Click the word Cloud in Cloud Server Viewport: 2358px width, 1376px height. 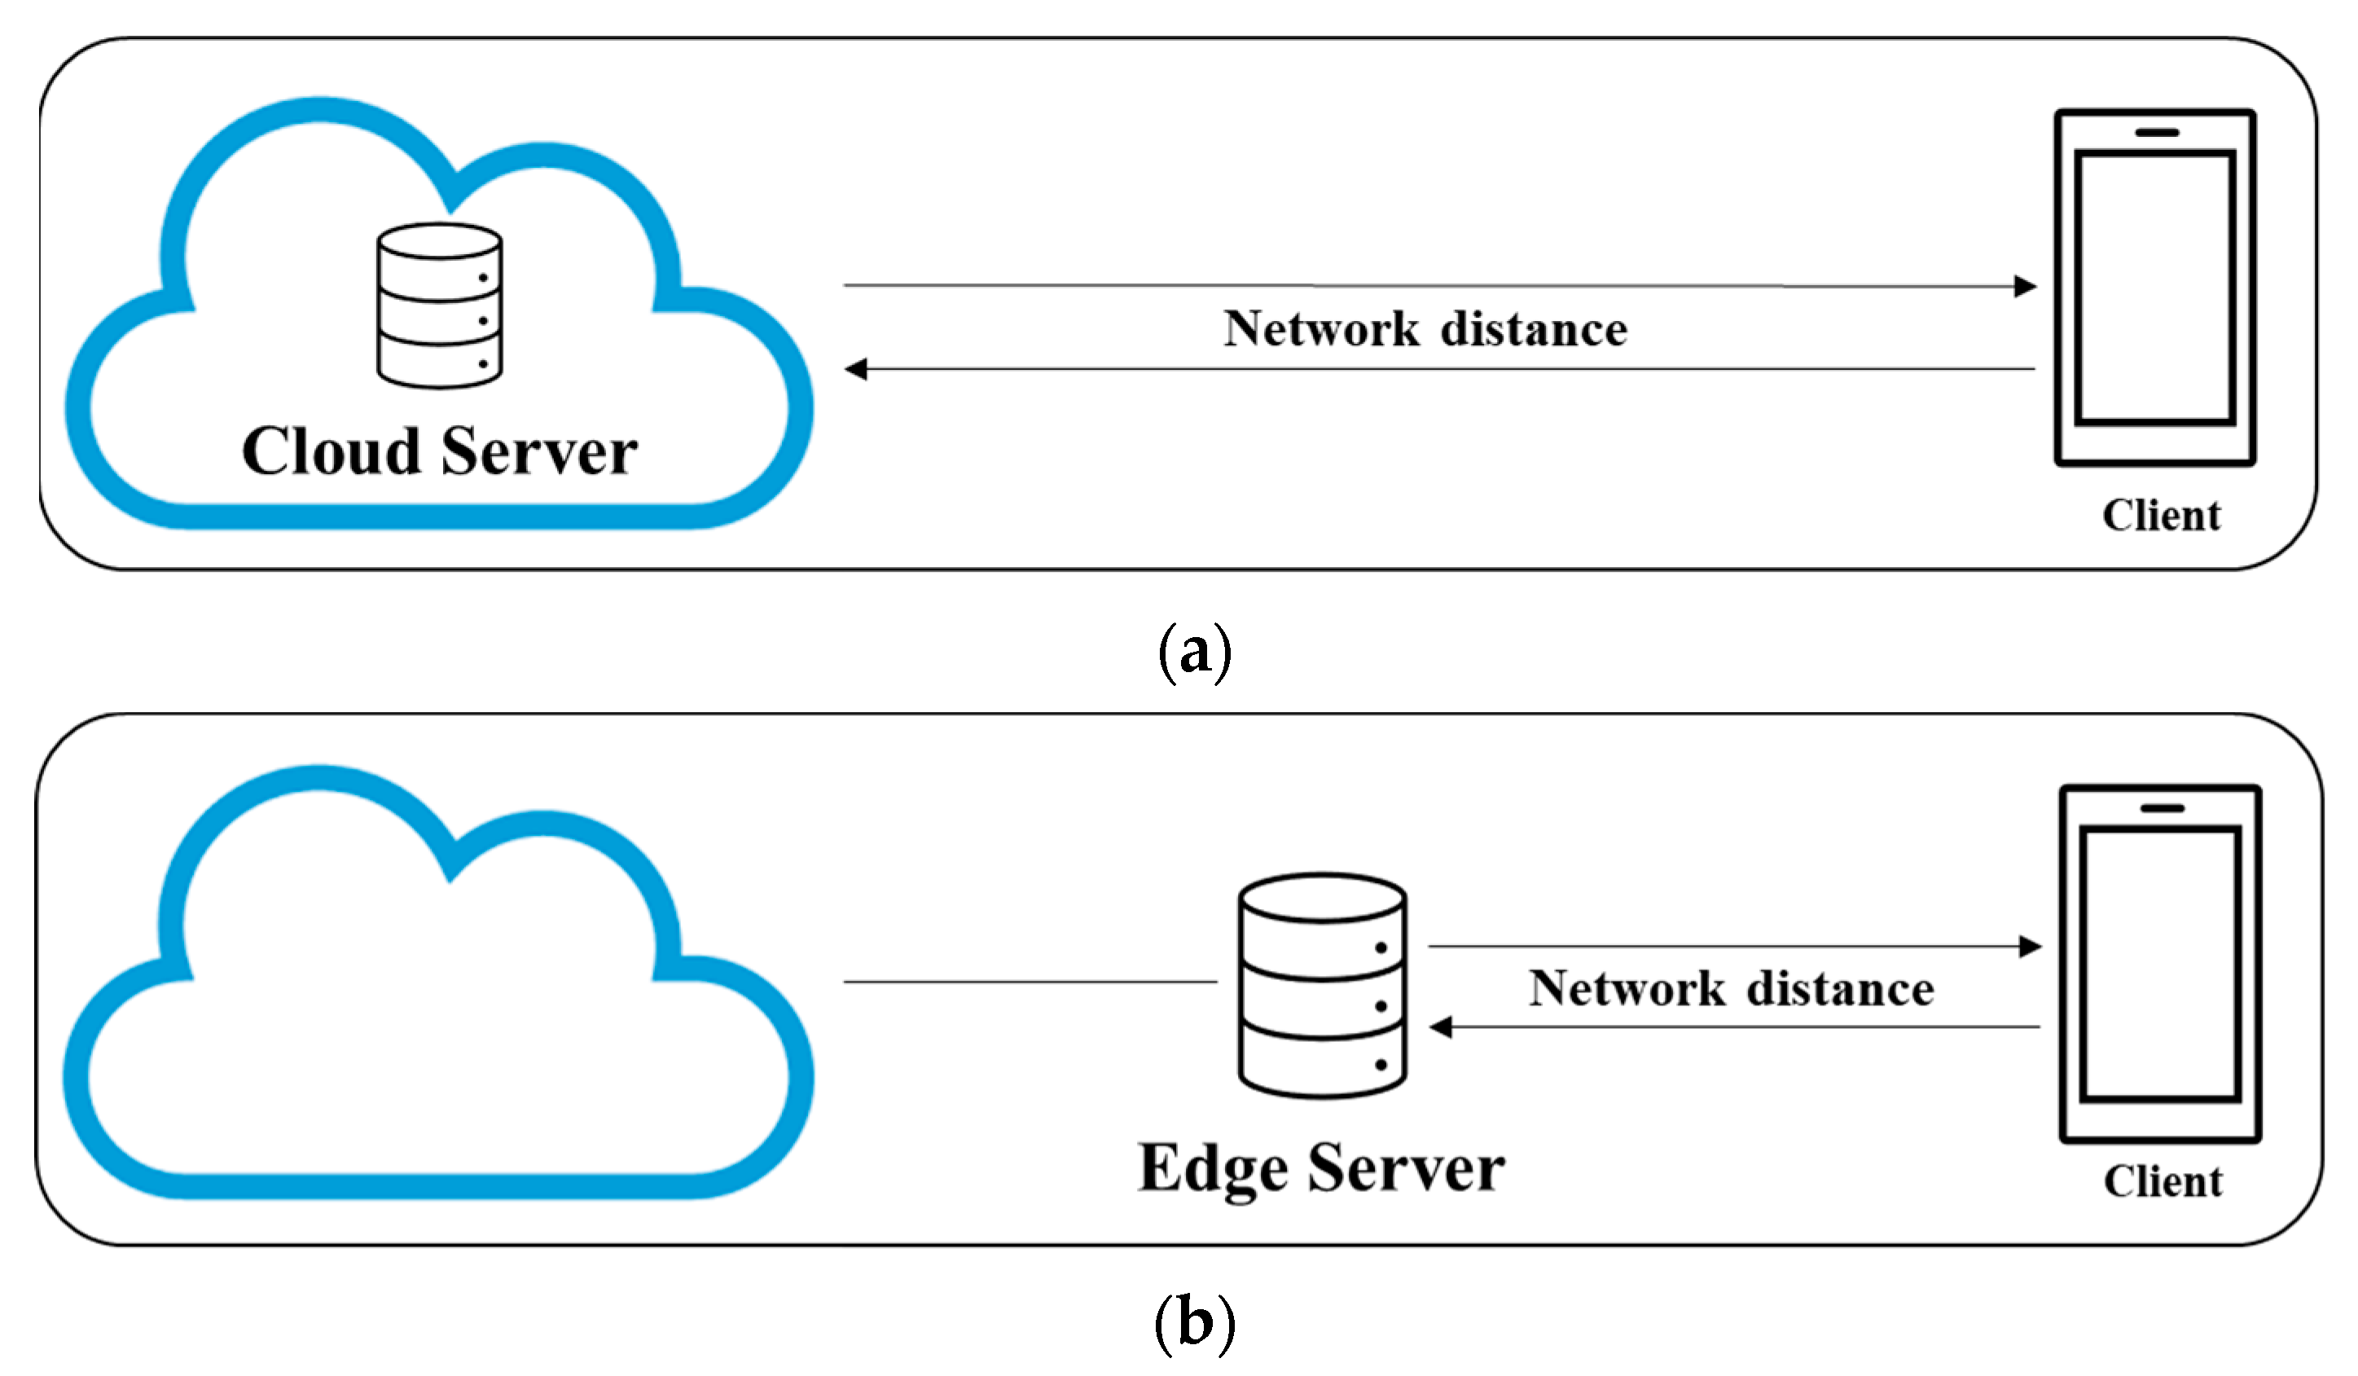pyautogui.click(x=332, y=453)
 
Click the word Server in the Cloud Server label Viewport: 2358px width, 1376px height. pyautogui.click(x=539, y=453)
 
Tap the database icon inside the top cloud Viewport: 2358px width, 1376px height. pyautogui.click(x=439, y=306)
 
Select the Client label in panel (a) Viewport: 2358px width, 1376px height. pyautogui.click(x=2161, y=516)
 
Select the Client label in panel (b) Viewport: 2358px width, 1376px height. pyautogui.click(x=2163, y=1182)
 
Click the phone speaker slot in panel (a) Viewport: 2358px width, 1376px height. pyautogui.click(x=2157, y=133)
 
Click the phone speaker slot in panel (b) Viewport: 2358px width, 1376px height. pyautogui.click(x=2162, y=808)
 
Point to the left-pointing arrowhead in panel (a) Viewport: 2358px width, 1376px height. pyautogui.click(x=856, y=370)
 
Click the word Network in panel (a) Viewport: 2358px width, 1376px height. pyautogui.click(x=1320, y=329)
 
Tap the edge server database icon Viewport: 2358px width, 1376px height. pyautogui.click(x=1321, y=987)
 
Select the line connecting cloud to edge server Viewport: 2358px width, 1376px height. pyautogui.click(x=1030, y=982)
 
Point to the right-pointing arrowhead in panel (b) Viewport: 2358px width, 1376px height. pyautogui.click(x=2030, y=947)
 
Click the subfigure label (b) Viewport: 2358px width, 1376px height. pyautogui.click(x=1194, y=1324)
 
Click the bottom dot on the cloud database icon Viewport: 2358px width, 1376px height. pyautogui.click(x=483, y=364)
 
